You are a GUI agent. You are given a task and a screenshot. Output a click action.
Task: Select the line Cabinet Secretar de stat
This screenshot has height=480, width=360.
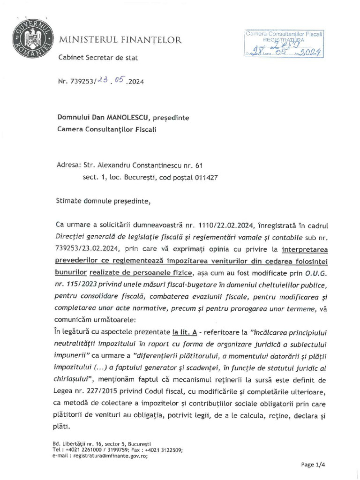pyautogui.click(x=98, y=58)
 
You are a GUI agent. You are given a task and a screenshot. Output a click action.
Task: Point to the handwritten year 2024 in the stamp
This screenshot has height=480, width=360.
pyautogui.click(x=308, y=52)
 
